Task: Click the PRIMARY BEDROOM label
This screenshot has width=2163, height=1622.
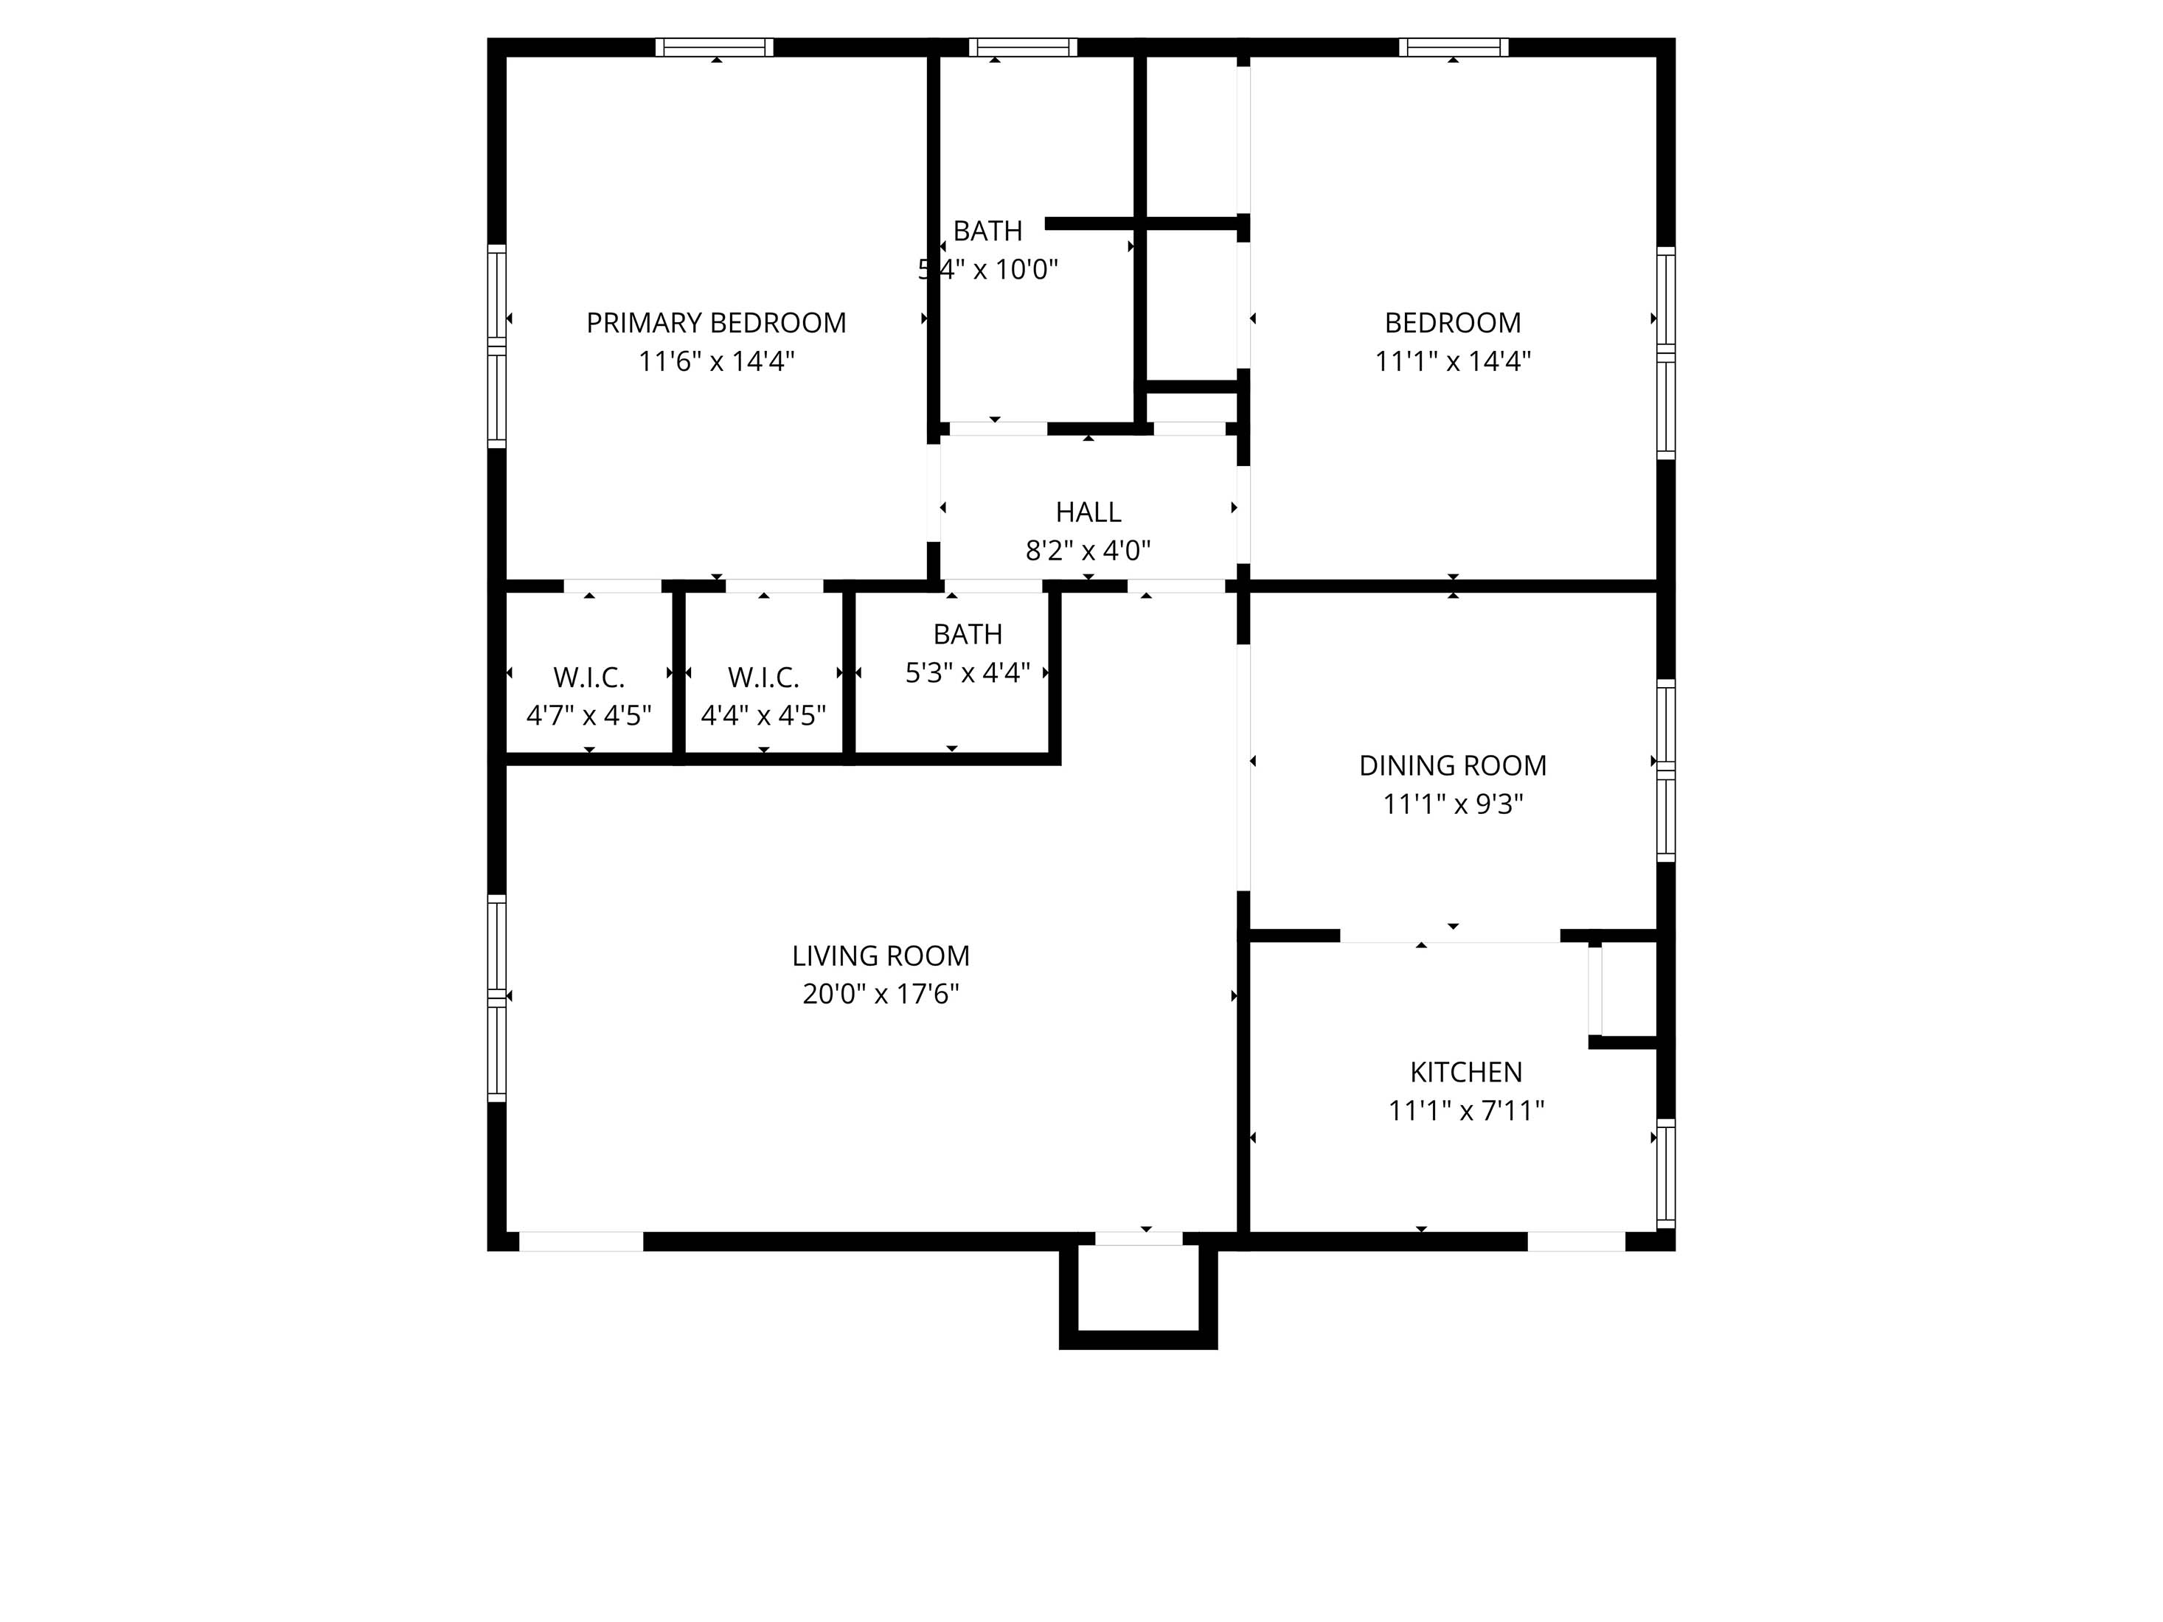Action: click(x=716, y=323)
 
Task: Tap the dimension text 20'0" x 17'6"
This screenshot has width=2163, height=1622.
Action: click(x=880, y=995)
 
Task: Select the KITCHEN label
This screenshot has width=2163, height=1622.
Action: click(x=1466, y=1073)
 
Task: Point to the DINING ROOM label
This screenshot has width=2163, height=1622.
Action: click(x=1452, y=765)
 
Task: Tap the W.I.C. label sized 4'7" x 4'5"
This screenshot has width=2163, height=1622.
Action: click(x=589, y=678)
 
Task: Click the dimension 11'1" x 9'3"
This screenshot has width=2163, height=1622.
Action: click(x=1452, y=804)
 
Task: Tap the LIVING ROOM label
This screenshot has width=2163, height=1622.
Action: click(x=880, y=956)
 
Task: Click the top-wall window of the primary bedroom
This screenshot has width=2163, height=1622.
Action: click(x=714, y=47)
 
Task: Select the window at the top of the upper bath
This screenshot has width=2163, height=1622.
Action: click(x=1023, y=47)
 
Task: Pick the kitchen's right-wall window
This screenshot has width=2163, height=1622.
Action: click(x=1665, y=1173)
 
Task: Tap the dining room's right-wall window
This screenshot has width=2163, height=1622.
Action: click(x=1665, y=770)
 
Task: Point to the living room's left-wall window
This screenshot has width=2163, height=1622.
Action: click(x=497, y=998)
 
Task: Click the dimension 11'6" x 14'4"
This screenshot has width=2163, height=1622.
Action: click(x=716, y=362)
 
